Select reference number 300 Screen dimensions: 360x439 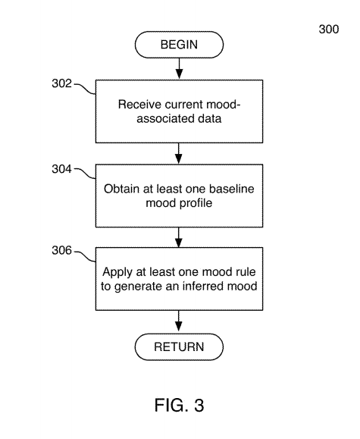[x=329, y=29]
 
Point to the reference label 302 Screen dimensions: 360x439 [x=61, y=83]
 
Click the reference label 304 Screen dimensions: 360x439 [x=61, y=169]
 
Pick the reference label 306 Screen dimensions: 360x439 [x=61, y=250]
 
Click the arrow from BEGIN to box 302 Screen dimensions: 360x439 [x=179, y=69]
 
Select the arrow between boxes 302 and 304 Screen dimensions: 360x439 [x=179, y=153]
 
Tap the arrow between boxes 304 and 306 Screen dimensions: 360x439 [x=179, y=237]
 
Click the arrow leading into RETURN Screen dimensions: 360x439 [x=179, y=321]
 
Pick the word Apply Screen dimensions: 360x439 [x=117, y=272]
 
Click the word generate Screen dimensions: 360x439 [x=142, y=287]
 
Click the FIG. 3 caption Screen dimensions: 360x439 [x=180, y=405]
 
